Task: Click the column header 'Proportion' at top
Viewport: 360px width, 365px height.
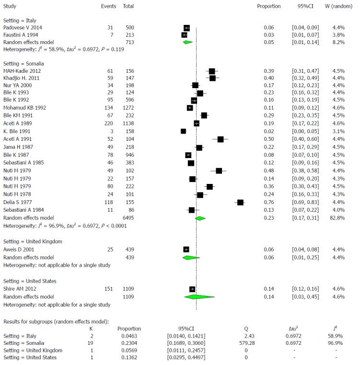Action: point(268,6)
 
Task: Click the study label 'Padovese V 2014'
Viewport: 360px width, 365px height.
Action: point(23,28)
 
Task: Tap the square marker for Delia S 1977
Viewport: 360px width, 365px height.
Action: point(240,203)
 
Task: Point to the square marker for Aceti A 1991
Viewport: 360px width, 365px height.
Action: point(221,139)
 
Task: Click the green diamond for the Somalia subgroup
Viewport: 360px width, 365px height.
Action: point(200,218)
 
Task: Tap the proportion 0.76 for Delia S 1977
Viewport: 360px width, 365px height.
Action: point(268,203)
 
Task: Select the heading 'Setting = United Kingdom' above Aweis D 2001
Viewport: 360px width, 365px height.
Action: point(33,241)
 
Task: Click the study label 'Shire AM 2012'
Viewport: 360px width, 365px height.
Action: point(20,289)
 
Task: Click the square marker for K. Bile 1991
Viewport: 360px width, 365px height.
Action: point(183,131)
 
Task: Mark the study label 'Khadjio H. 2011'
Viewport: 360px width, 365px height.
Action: point(22,78)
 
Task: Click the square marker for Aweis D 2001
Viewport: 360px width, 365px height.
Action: point(186,250)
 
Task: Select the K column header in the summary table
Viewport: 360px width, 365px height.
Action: point(91,329)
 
